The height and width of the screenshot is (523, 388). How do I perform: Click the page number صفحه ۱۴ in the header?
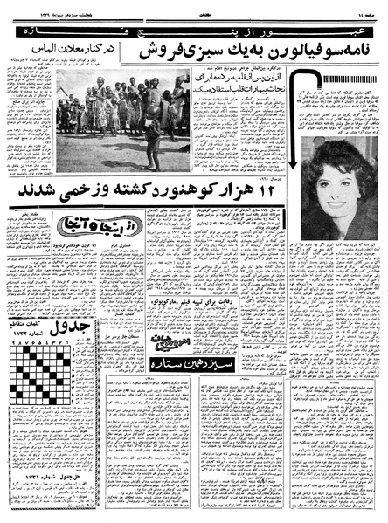tap(362, 7)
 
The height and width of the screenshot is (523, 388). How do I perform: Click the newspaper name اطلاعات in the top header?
tap(196, 7)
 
